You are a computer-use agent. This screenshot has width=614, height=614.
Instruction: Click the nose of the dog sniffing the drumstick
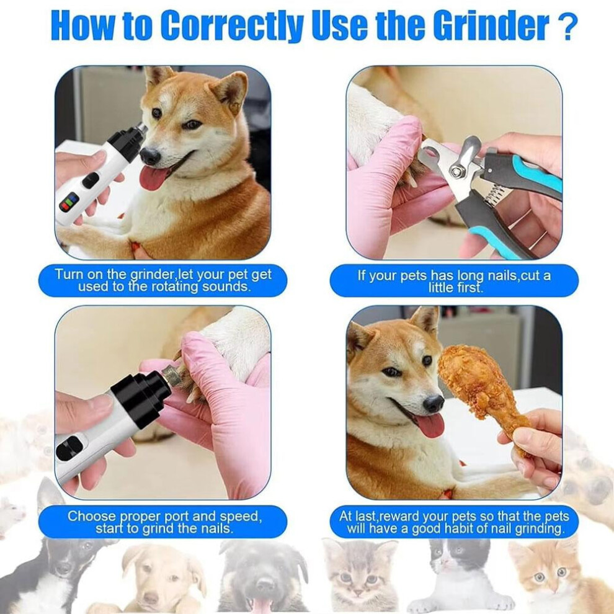coord(434,403)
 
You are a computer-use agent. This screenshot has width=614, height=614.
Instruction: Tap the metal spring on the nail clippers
coord(494,195)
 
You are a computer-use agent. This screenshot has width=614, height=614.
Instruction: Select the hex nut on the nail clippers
coord(456,171)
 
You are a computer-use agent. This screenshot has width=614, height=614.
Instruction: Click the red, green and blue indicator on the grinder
coord(69,203)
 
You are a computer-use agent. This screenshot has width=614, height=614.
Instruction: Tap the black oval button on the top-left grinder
coord(90,180)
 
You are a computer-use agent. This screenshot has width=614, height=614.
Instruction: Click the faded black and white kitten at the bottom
coord(459,576)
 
